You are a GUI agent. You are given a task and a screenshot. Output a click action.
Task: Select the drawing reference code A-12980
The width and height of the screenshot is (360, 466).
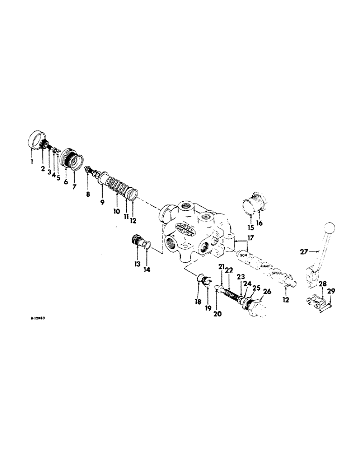coord(38,318)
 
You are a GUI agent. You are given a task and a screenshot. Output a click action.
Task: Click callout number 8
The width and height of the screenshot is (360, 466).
coord(87,181)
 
